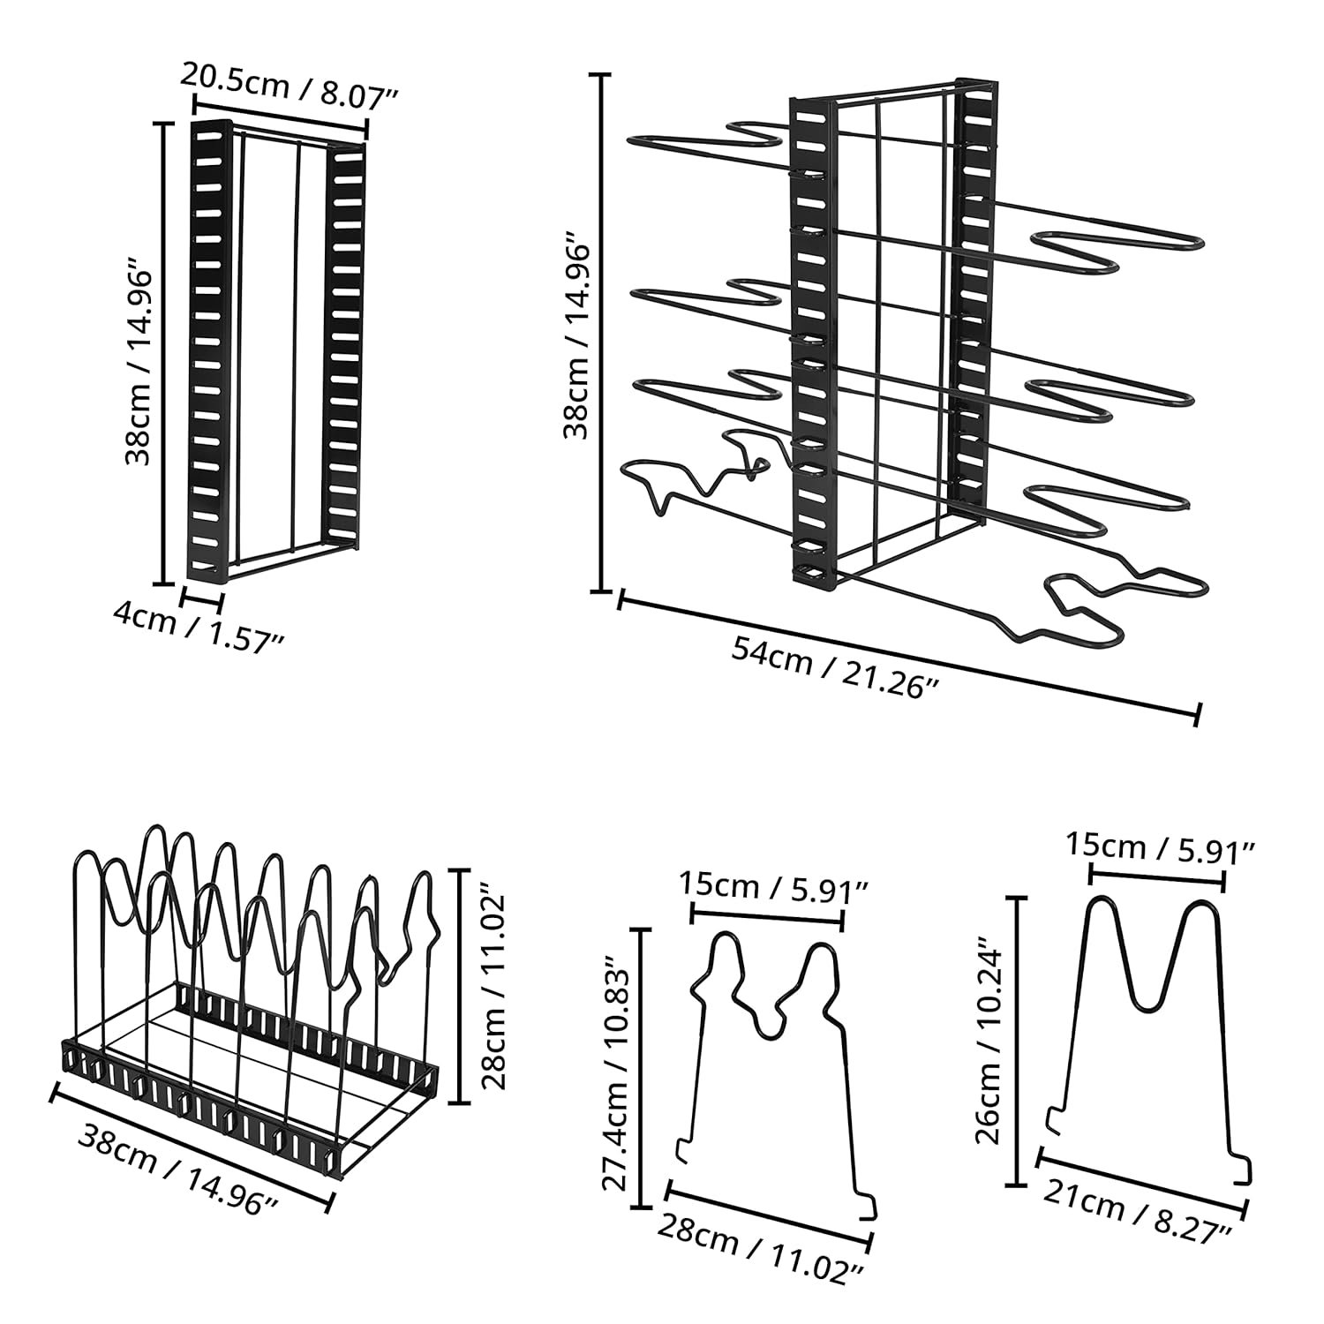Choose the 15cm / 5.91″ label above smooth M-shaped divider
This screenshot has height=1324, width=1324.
tap(1161, 846)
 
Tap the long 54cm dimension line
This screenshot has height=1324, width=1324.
tap(908, 657)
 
